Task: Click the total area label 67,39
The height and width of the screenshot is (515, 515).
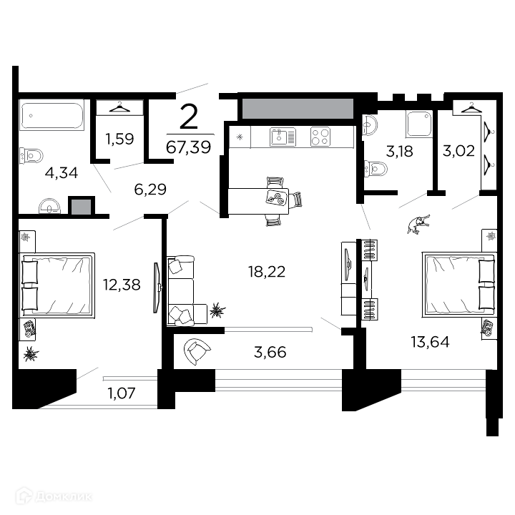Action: pyautogui.click(x=189, y=147)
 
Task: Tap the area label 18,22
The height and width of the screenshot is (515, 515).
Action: pyautogui.click(x=267, y=272)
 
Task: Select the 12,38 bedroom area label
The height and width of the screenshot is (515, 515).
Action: pyautogui.click(x=122, y=285)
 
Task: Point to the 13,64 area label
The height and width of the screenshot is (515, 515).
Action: pyautogui.click(x=430, y=342)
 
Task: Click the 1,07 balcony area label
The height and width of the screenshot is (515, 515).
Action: pyautogui.click(x=122, y=393)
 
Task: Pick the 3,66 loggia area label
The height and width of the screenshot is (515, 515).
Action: pyautogui.click(x=270, y=352)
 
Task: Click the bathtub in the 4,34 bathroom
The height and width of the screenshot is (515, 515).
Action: pyautogui.click(x=52, y=114)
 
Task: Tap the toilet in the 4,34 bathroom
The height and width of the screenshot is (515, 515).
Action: pyautogui.click(x=31, y=156)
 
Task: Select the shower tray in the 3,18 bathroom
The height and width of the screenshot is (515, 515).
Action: pyautogui.click(x=418, y=124)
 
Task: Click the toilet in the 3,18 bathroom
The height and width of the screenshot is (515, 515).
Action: pyautogui.click(x=376, y=169)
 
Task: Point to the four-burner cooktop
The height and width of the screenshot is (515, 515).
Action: pyautogui.click(x=320, y=137)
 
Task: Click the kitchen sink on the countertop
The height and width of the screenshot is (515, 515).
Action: pyautogui.click(x=283, y=137)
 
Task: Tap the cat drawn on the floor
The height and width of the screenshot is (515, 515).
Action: pyautogui.click(x=418, y=224)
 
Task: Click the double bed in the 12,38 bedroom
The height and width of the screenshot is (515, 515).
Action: pyautogui.click(x=57, y=285)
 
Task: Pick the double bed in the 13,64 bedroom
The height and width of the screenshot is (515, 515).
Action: pyautogui.click(x=459, y=285)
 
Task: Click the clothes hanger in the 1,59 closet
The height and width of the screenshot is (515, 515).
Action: pyautogui.click(x=119, y=107)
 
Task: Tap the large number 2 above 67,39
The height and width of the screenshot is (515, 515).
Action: pyautogui.click(x=189, y=117)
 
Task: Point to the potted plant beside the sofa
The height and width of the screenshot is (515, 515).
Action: pyautogui.click(x=217, y=310)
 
